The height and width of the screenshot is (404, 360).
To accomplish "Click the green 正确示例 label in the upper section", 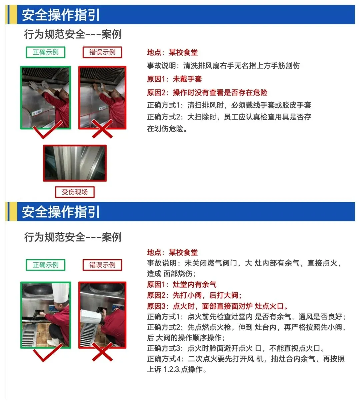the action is (45, 52).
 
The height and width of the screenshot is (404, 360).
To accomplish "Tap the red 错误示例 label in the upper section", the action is (102, 52).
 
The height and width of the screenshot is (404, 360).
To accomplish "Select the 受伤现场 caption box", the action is (75, 192).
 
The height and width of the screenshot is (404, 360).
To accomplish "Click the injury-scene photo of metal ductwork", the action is (75, 163).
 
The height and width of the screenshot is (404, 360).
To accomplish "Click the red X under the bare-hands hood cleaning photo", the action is (102, 129).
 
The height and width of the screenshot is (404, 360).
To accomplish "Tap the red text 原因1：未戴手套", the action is (174, 79).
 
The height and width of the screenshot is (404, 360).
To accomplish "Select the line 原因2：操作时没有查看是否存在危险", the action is (207, 92).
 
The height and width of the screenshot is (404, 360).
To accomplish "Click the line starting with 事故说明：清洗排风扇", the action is (223, 65).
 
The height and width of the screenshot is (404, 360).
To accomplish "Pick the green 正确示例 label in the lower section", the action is (45, 265).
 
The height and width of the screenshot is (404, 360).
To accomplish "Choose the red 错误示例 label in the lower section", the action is (102, 265).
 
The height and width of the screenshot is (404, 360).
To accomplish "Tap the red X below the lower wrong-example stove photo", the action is (102, 352).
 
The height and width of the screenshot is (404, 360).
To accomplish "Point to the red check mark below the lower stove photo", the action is (47, 353).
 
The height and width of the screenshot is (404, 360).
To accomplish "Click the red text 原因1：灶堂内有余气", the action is (182, 284).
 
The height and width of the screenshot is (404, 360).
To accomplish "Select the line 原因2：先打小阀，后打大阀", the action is (194, 295).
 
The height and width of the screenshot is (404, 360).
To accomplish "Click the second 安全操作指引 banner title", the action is (61, 212).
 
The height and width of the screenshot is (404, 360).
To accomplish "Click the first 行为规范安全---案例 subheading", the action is (73, 34).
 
